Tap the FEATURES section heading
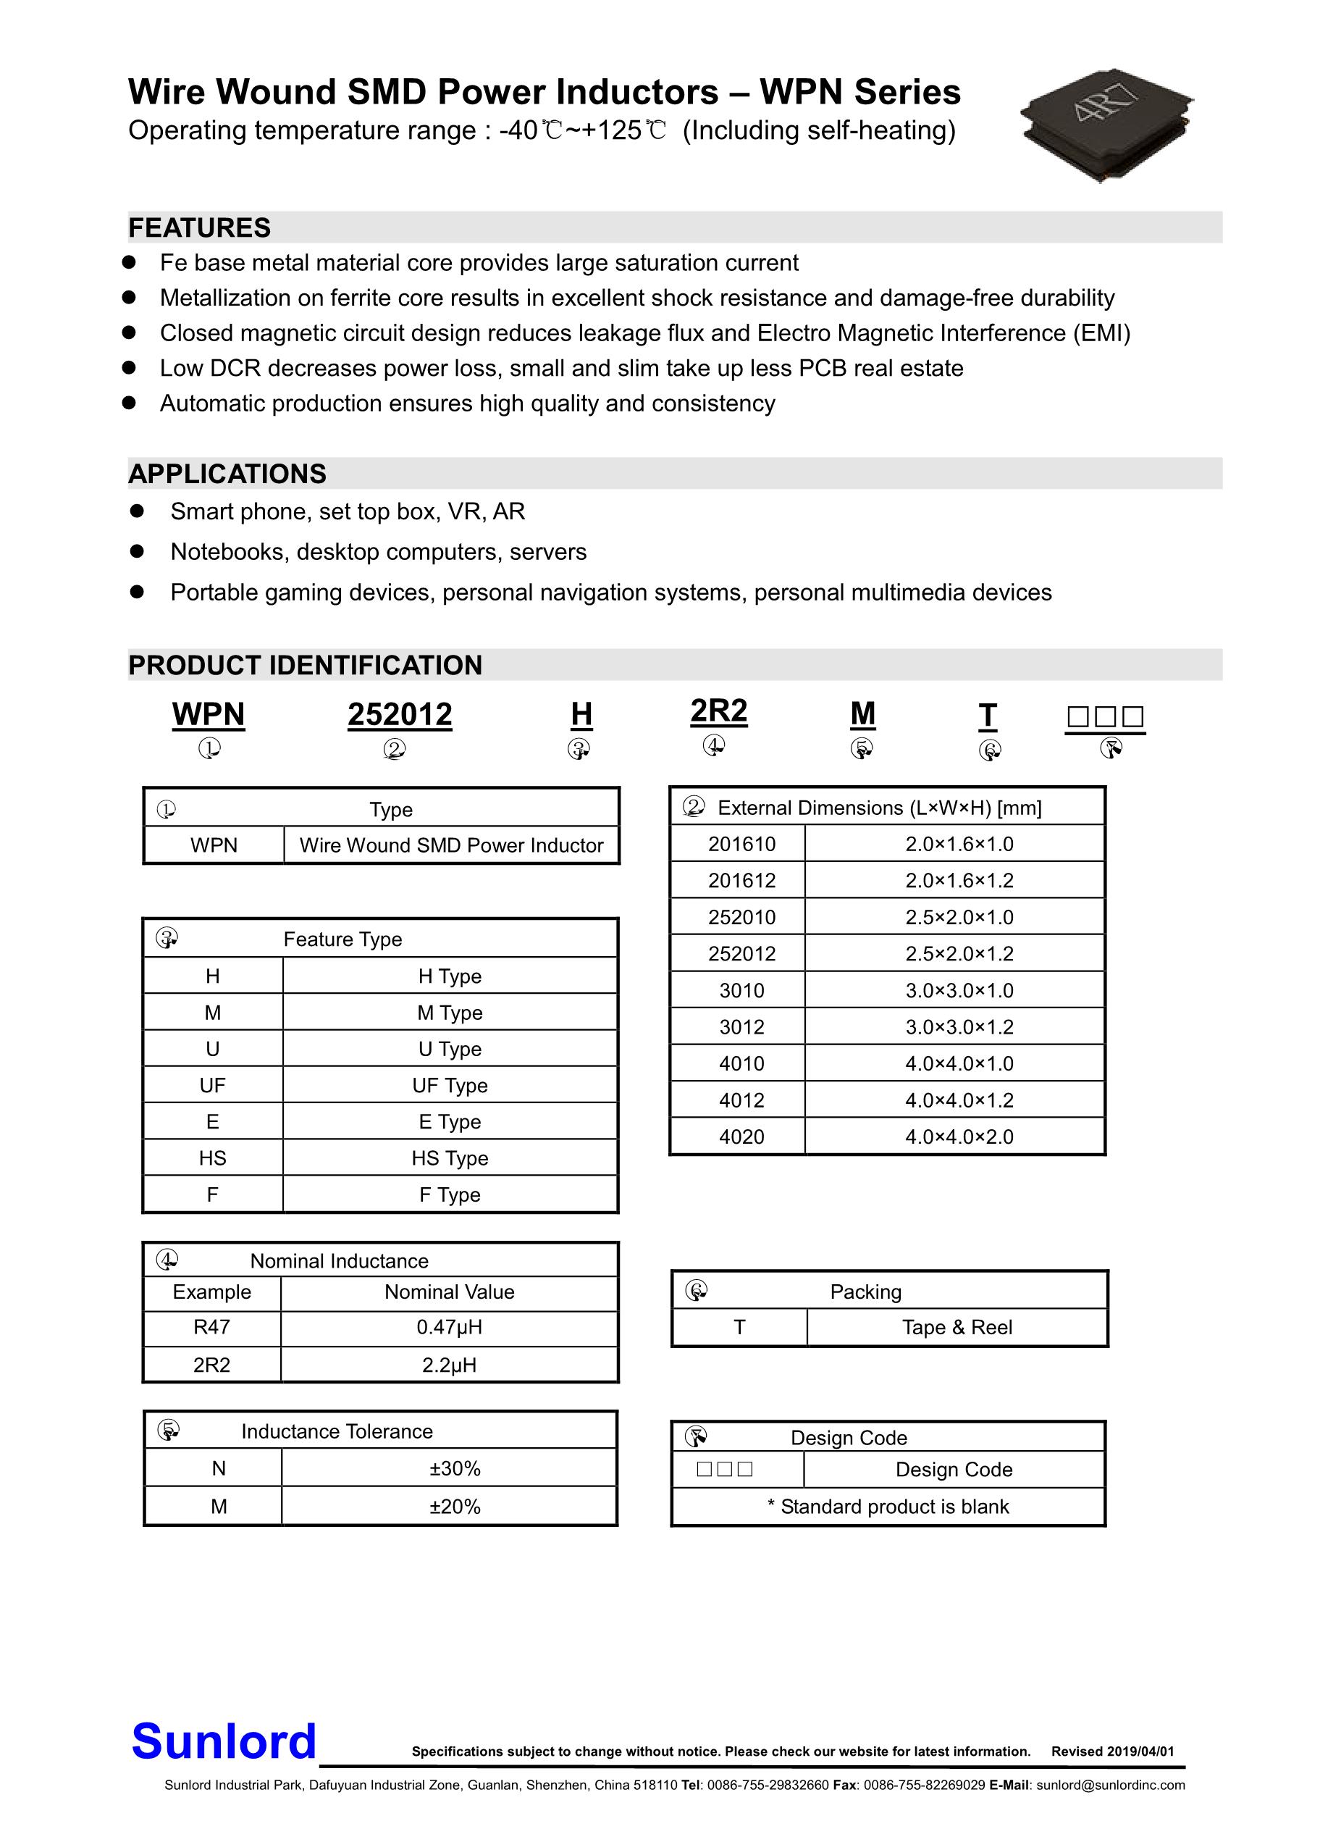(x=200, y=228)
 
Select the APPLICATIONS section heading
(x=227, y=474)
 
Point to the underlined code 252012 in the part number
(x=400, y=715)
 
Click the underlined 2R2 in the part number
(x=718, y=711)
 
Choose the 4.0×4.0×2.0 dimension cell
(x=959, y=1136)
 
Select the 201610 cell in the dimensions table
(x=741, y=845)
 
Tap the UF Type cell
(x=450, y=1086)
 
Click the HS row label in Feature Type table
(x=213, y=1158)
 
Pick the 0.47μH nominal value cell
(x=449, y=1328)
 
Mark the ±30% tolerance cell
(x=455, y=1469)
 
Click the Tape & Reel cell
(x=957, y=1328)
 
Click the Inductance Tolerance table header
(x=337, y=1431)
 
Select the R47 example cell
(x=212, y=1328)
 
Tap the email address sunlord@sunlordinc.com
(x=1111, y=1786)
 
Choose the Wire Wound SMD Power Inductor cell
(x=451, y=845)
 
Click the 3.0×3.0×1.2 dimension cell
(x=959, y=1027)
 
